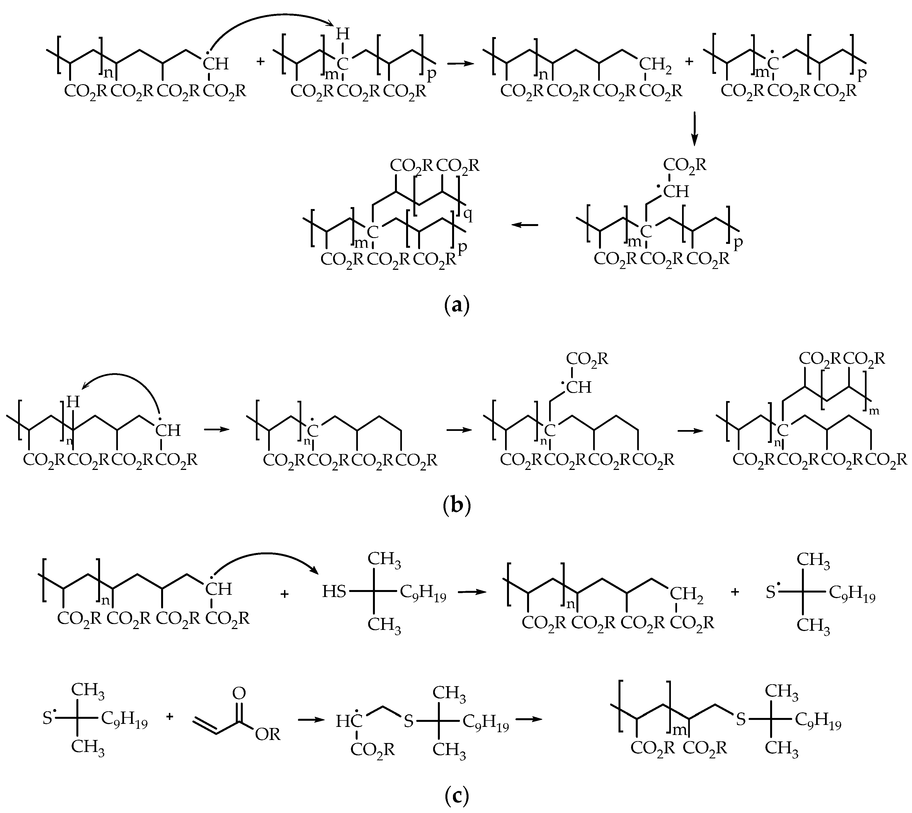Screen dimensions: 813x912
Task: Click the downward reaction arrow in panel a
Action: (x=693, y=130)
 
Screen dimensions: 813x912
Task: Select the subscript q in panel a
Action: (x=468, y=216)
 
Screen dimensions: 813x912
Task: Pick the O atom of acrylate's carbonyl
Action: (x=239, y=693)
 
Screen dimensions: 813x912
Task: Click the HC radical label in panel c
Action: (x=346, y=721)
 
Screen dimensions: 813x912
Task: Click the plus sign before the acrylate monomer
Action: (x=170, y=717)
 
